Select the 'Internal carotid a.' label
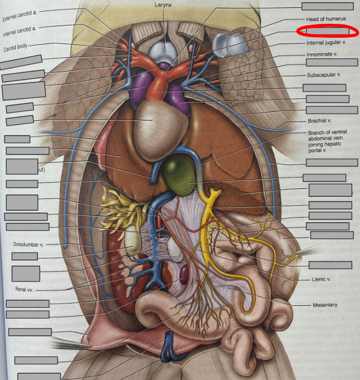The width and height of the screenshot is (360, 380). (20, 31)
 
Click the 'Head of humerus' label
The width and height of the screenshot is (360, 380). (326, 19)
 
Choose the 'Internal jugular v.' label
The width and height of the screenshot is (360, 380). (326, 42)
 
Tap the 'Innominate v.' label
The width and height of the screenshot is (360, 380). (322, 55)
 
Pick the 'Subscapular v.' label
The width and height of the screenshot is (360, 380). (323, 75)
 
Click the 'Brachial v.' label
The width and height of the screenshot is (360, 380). (319, 120)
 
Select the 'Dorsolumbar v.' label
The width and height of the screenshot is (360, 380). (28, 245)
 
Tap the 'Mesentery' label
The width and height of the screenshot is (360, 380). (324, 305)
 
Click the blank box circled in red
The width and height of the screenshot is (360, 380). (327, 31)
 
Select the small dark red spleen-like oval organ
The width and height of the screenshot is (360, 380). (185, 275)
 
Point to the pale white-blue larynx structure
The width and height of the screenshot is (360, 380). (165, 51)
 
